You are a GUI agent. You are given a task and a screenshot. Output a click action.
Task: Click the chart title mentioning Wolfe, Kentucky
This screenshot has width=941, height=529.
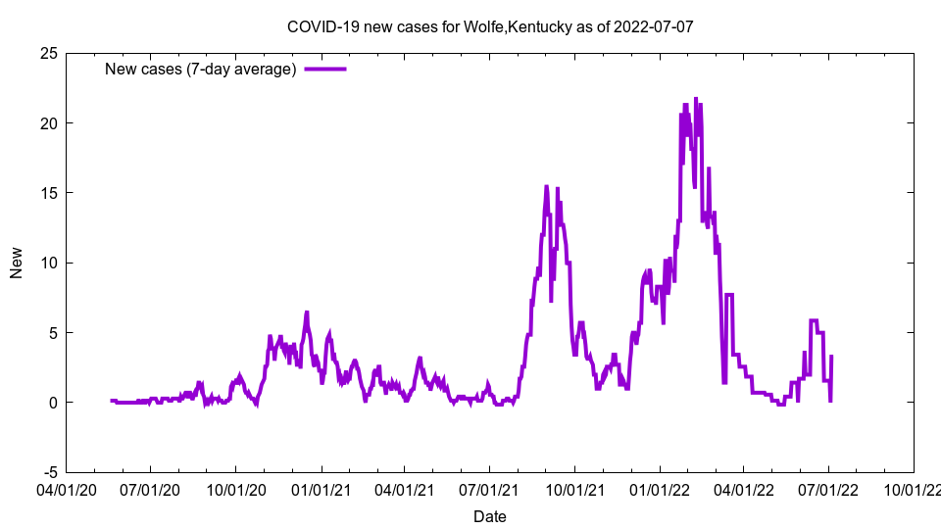coord(489,26)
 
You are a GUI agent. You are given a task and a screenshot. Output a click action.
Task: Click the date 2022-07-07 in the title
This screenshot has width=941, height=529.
coord(654,26)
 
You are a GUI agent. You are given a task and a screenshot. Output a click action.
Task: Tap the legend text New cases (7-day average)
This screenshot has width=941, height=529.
coord(201,69)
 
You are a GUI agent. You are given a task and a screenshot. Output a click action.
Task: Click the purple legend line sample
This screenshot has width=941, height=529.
coord(325,69)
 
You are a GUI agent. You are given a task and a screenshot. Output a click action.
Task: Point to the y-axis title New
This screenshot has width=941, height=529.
coord(17,263)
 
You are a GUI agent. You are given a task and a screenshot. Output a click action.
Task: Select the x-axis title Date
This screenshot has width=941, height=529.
coord(490,516)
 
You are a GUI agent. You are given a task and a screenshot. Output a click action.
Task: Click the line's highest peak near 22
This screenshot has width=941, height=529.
coord(696,99)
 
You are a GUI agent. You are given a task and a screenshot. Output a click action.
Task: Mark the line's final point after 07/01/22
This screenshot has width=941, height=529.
coord(831,357)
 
